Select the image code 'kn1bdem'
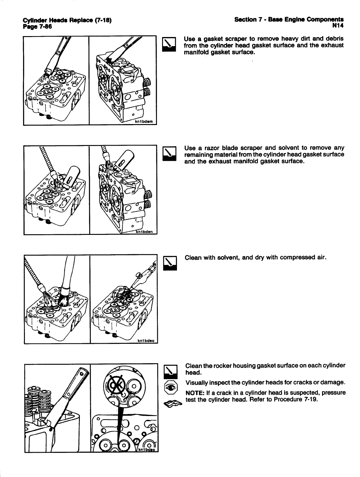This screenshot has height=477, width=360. (145, 122)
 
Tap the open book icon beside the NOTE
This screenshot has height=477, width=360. (172, 403)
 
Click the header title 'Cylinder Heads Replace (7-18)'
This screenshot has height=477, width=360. (67, 21)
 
